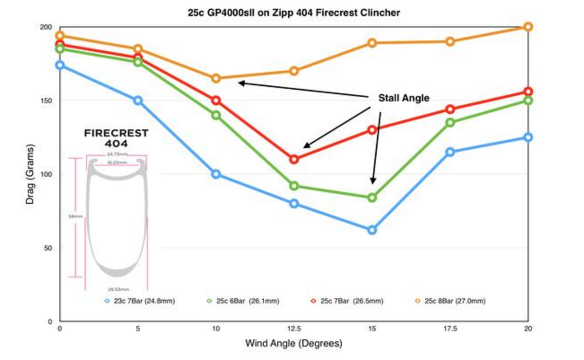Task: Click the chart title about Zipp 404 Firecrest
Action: tap(294, 13)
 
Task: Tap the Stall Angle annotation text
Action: tap(404, 98)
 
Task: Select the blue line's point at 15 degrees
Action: tap(372, 230)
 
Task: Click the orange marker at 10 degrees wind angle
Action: tap(216, 78)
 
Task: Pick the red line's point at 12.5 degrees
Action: tap(294, 159)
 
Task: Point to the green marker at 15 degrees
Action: tap(372, 198)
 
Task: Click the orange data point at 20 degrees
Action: tap(528, 27)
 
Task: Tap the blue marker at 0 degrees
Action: tap(60, 65)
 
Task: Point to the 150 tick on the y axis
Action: tap(47, 101)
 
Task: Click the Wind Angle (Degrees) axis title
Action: tap(293, 344)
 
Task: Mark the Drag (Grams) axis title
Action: tap(30, 174)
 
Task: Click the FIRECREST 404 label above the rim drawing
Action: tap(116, 139)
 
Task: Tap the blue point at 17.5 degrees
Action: tap(450, 152)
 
